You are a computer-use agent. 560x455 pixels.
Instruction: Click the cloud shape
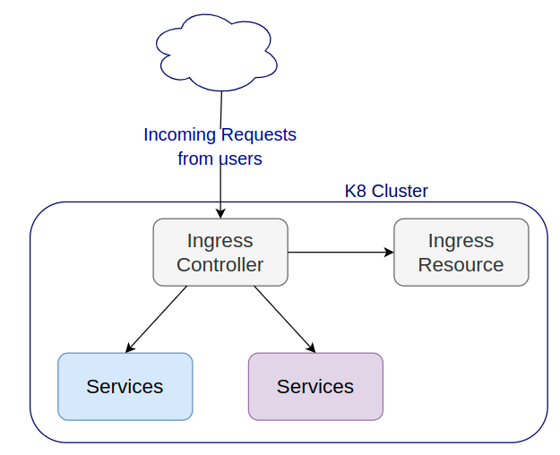point(217,53)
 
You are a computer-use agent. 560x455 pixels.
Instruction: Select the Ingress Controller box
point(220,253)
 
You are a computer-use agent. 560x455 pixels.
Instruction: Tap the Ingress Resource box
point(461,253)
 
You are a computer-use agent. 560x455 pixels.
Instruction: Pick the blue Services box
point(125,386)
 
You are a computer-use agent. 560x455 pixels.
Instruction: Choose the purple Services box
point(315,386)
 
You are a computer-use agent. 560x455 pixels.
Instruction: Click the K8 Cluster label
point(386,191)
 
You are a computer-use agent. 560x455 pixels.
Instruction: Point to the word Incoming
point(179,135)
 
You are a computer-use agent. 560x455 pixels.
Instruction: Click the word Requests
point(259,134)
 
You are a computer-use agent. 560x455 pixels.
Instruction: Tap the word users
point(241,159)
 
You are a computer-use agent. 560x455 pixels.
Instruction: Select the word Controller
point(220,265)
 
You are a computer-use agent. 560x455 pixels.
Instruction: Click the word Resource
point(461,265)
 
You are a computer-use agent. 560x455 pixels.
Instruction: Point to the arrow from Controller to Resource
point(340,253)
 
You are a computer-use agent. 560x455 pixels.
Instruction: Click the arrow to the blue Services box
point(156,319)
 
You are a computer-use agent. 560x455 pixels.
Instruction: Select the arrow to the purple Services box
point(285,319)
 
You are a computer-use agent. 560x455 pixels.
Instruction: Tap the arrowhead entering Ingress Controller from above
point(220,213)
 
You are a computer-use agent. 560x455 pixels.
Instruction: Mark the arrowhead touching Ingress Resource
point(389,253)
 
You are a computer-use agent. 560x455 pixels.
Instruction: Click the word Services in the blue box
point(125,386)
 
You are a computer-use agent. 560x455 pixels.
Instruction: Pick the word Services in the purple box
point(315,386)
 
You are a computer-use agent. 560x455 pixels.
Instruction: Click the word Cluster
point(400,191)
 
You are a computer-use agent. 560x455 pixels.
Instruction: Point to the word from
point(196,159)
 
